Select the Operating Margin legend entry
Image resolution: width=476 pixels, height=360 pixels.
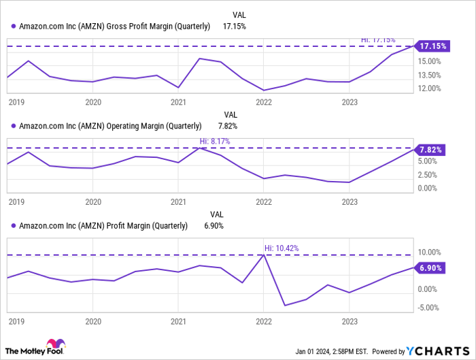pyautogui.click(x=110, y=126)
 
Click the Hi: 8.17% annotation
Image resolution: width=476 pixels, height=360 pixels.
pyautogui.click(x=215, y=142)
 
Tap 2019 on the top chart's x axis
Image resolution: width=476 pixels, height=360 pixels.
pyautogui.click(x=16, y=102)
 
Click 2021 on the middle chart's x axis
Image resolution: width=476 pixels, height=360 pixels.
pyautogui.click(x=178, y=202)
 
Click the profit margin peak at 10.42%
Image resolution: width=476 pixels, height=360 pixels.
pyautogui.click(x=263, y=255)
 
